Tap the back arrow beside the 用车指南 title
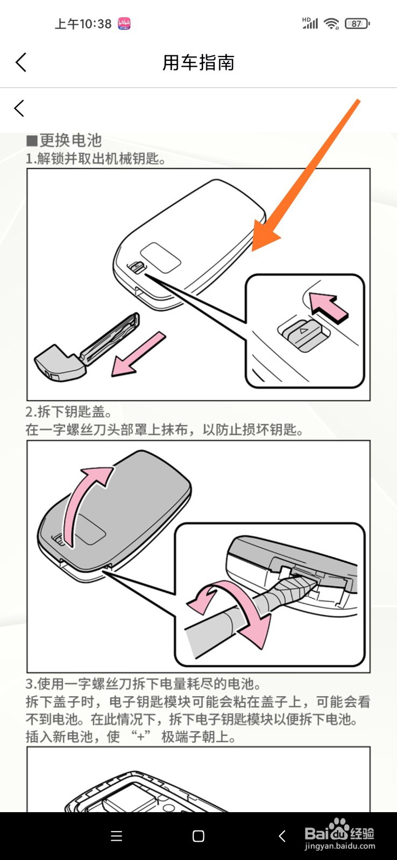pyautogui.click(x=21, y=62)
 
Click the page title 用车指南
pyautogui.click(x=198, y=62)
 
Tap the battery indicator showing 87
pyautogui.click(x=357, y=24)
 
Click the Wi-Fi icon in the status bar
pyautogui.click(x=331, y=24)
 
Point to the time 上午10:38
pyautogui.click(x=83, y=24)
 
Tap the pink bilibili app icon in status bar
pyautogui.click(x=124, y=24)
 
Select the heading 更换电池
pyautogui.click(x=70, y=140)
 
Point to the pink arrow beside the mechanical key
pyautogui.click(x=138, y=354)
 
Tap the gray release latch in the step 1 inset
pyautogui.click(x=303, y=334)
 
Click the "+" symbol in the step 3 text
pyautogui.click(x=140, y=737)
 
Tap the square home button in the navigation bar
pyautogui.click(x=198, y=836)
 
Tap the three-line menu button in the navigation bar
pyautogui.click(x=116, y=836)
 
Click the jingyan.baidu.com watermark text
pyautogui.click(x=339, y=846)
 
